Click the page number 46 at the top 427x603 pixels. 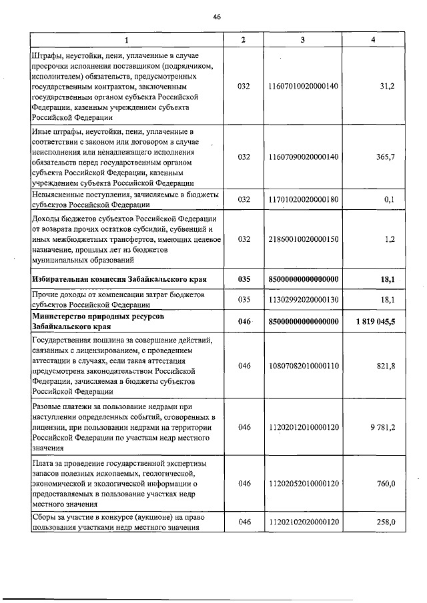click(x=217, y=17)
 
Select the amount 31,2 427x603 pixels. click(x=387, y=87)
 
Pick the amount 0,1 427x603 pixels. click(x=390, y=199)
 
